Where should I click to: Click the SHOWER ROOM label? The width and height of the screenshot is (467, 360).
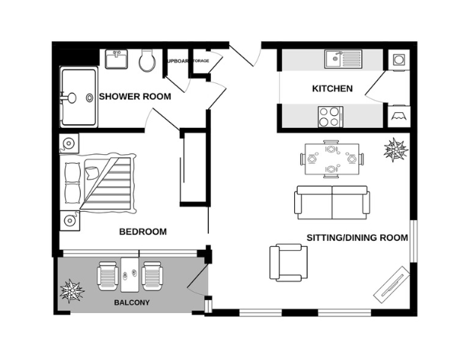(x=135, y=97)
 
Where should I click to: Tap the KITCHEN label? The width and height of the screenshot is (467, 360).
(x=332, y=89)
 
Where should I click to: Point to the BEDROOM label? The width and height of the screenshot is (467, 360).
(x=143, y=231)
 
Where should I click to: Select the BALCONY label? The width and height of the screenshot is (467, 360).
(x=132, y=302)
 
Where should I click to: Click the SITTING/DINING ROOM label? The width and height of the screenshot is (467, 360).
(x=357, y=238)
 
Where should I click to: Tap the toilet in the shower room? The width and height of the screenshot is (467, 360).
(x=147, y=61)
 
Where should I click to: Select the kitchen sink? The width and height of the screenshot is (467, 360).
(x=344, y=58)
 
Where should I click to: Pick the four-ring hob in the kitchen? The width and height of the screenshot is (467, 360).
(x=329, y=116)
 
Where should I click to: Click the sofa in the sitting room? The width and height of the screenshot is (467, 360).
(x=332, y=201)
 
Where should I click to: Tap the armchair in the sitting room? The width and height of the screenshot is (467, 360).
(x=288, y=262)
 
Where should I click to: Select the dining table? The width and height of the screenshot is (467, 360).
(x=331, y=159)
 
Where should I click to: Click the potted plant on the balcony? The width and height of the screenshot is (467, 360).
(x=73, y=290)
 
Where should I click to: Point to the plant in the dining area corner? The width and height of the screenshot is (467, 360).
(x=396, y=152)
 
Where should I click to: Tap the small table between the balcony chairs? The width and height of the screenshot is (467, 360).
(x=130, y=275)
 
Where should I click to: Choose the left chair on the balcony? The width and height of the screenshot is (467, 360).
(x=108, y=275)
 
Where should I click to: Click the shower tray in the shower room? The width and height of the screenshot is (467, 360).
(x=78, y=98)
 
